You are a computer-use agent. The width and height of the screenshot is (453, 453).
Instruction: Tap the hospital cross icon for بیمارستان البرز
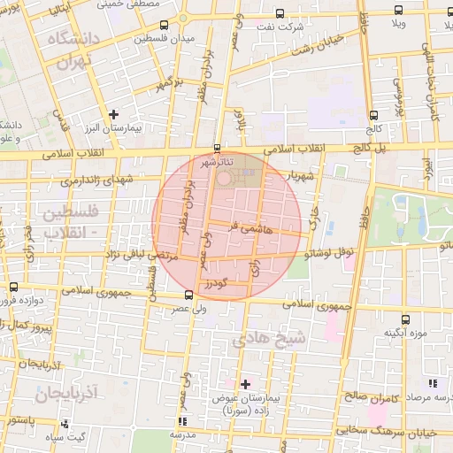pos(113,114)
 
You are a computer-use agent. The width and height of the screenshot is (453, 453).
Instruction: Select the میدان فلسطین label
pos(165,40)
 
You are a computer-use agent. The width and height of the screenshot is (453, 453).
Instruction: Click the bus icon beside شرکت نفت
pos(280,13)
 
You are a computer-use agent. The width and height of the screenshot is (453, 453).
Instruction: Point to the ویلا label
pos(401,24)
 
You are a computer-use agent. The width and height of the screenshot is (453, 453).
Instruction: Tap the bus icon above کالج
pos(373,115)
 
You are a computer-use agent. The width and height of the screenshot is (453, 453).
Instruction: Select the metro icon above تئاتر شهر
pos(218,148)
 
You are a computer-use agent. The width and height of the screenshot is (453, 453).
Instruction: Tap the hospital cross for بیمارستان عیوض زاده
pos(245,383)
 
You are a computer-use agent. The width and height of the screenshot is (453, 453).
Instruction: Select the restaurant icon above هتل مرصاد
pos(432,383)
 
